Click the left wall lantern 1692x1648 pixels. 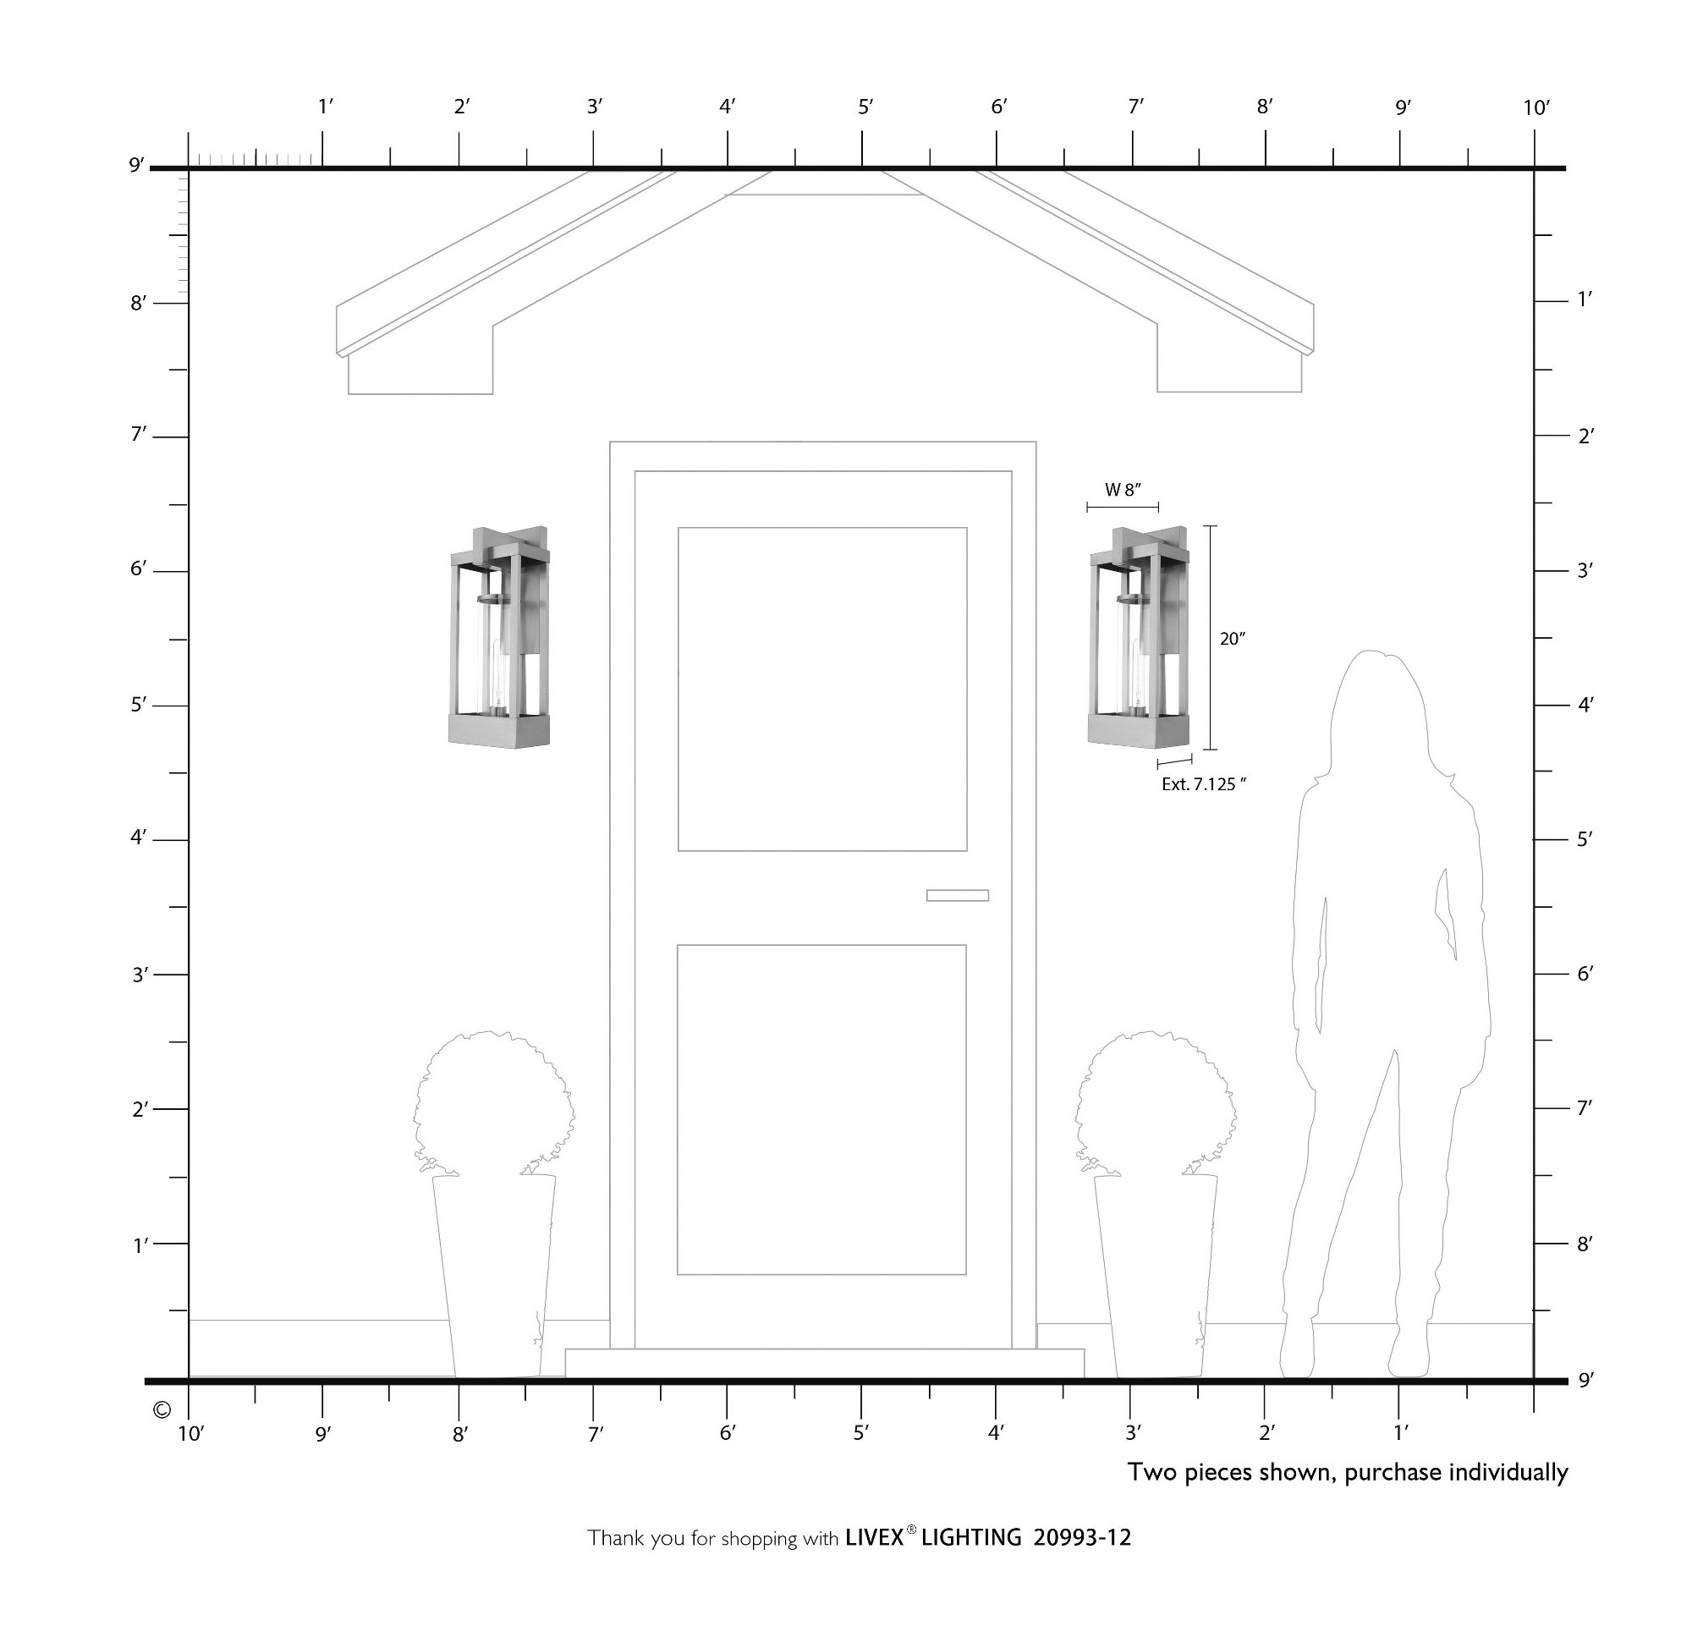(498, 635)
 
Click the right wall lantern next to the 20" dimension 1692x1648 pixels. (1138, 635)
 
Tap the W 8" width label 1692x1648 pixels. (1123, 490)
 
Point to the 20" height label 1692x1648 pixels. (1233, 639)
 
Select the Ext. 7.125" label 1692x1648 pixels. (1204, 784)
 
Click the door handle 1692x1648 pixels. (957, 895)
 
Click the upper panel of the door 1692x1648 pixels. (822, 689)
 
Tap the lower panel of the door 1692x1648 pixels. (821, 1110)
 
